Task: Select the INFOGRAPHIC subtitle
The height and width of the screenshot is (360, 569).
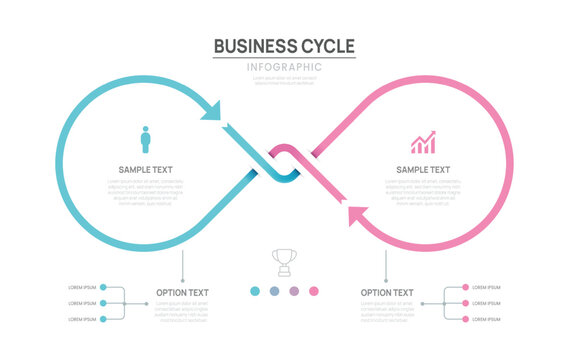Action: pyautogui.click(x=285, y=67)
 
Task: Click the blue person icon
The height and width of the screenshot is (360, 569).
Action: pyautogui.click(x=145, y=139)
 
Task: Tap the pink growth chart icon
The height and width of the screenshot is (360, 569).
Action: pyautogui.click(x=423, y=142)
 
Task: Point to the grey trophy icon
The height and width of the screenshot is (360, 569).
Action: pyautogui.click(x=284, y=262)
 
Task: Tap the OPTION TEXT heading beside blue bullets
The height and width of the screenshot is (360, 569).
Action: pyautogui.click(x=183, y=293)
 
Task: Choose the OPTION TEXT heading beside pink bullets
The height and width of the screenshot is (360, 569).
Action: pyautogui.click(x=387, y=293)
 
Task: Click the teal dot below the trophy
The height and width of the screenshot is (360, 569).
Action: pyautogui.click(x=254, y=291)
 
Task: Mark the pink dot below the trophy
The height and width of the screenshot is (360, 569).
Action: pyautogui.click(x=314, y=291)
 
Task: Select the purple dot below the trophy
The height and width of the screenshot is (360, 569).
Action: pyautogui.click(x=294, y=291)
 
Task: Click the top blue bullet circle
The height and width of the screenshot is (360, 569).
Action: pyautogui.click(x=103, y=287)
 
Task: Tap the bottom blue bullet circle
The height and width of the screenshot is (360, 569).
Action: pyautogui.click(x=103, y=319)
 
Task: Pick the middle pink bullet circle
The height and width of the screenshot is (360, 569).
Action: pyautogui.click(x=465, y=303)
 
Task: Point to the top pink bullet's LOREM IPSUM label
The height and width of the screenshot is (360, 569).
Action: pyautogui.click(x=486, y=287)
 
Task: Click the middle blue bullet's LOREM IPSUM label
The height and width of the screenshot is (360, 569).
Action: pyautogui.click(x=82, y=303)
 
